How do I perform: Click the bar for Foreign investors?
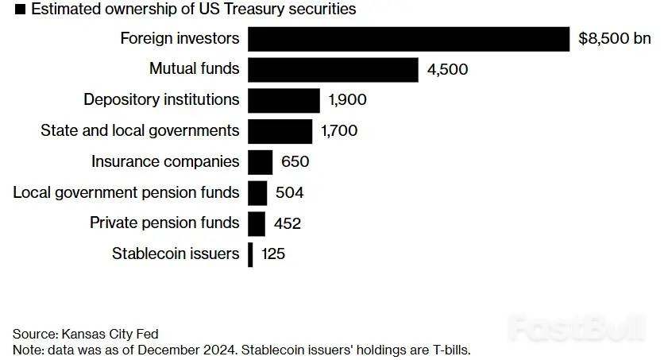coord(408,39)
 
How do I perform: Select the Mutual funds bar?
coord(333,69)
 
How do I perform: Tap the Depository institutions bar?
coord(284,100)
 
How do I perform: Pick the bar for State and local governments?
coord(280,131)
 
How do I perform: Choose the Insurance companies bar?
coord(261,162)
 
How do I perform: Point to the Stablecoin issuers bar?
coord(250,254)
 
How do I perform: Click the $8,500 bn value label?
coord(614,39)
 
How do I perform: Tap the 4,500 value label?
coord(447,69)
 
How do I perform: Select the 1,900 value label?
coord(348,100)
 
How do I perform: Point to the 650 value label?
coord(295,162)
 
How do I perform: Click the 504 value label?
coord(289,192)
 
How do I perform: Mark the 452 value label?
coord(287,223)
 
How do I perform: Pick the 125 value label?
coord(272,254)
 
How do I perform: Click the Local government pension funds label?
coord(126,192)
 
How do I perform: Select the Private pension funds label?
coord(164,223)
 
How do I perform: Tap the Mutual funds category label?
coord(194,69)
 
